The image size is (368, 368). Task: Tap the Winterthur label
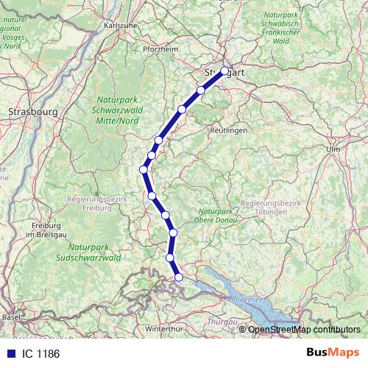(x=166, y=328)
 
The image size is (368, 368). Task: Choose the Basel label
(x=12, y=316)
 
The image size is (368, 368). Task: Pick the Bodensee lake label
(x=247, y=300)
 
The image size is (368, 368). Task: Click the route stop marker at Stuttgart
(x=224, y=71)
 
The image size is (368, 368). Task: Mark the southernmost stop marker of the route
(x=178, y=277)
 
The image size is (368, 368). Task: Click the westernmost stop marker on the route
(x=144, y=169)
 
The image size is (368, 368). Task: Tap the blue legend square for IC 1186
(x=9, y=354)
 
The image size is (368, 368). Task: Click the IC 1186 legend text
(x=39, y=354)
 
